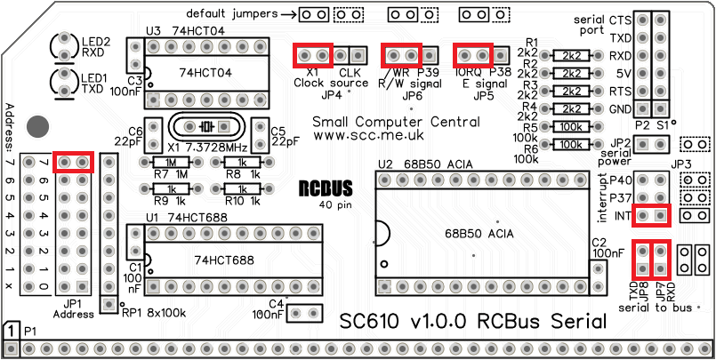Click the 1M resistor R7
point(165,163)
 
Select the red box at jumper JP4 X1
point(313,55)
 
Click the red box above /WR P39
point(399,55)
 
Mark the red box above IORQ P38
point(472,55)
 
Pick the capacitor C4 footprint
point(307,312)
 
